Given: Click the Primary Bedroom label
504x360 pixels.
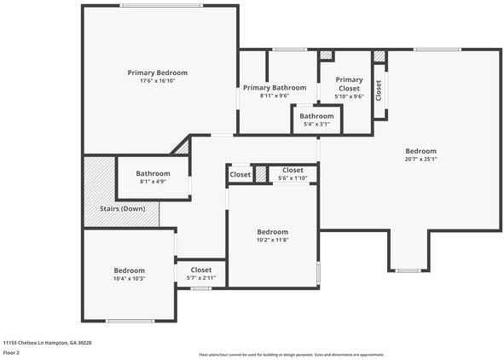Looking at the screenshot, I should [x=158, y=73].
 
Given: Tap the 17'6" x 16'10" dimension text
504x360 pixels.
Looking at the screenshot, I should [x=158, y=81].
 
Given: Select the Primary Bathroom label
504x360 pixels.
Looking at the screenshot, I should [x=274, y=88].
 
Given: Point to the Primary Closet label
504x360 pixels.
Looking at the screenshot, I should [x=348, y=84].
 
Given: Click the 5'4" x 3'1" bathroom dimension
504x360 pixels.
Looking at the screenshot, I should [x=316, y=125].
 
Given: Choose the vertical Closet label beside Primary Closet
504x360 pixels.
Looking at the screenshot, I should [x=379, y=89].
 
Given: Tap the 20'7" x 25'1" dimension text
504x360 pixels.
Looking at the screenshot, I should [x=420, y=159].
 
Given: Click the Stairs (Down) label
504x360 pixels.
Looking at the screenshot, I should [x=122, y=209].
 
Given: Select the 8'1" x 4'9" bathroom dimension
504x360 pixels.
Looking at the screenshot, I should [x=154, y=182].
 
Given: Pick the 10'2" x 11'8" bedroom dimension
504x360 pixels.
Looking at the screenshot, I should [x=273, y=241].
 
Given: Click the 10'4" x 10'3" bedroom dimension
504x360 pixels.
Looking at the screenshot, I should [x=130, y=279].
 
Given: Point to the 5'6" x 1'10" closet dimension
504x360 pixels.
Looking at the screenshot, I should [x=293, y=177].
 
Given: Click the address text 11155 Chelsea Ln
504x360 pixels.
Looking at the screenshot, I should [x=48, y=341].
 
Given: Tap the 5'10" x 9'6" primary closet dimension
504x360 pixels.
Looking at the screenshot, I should [x=348, y=96].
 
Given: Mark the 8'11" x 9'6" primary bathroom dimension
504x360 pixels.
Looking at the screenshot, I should [x=274, y=96].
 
